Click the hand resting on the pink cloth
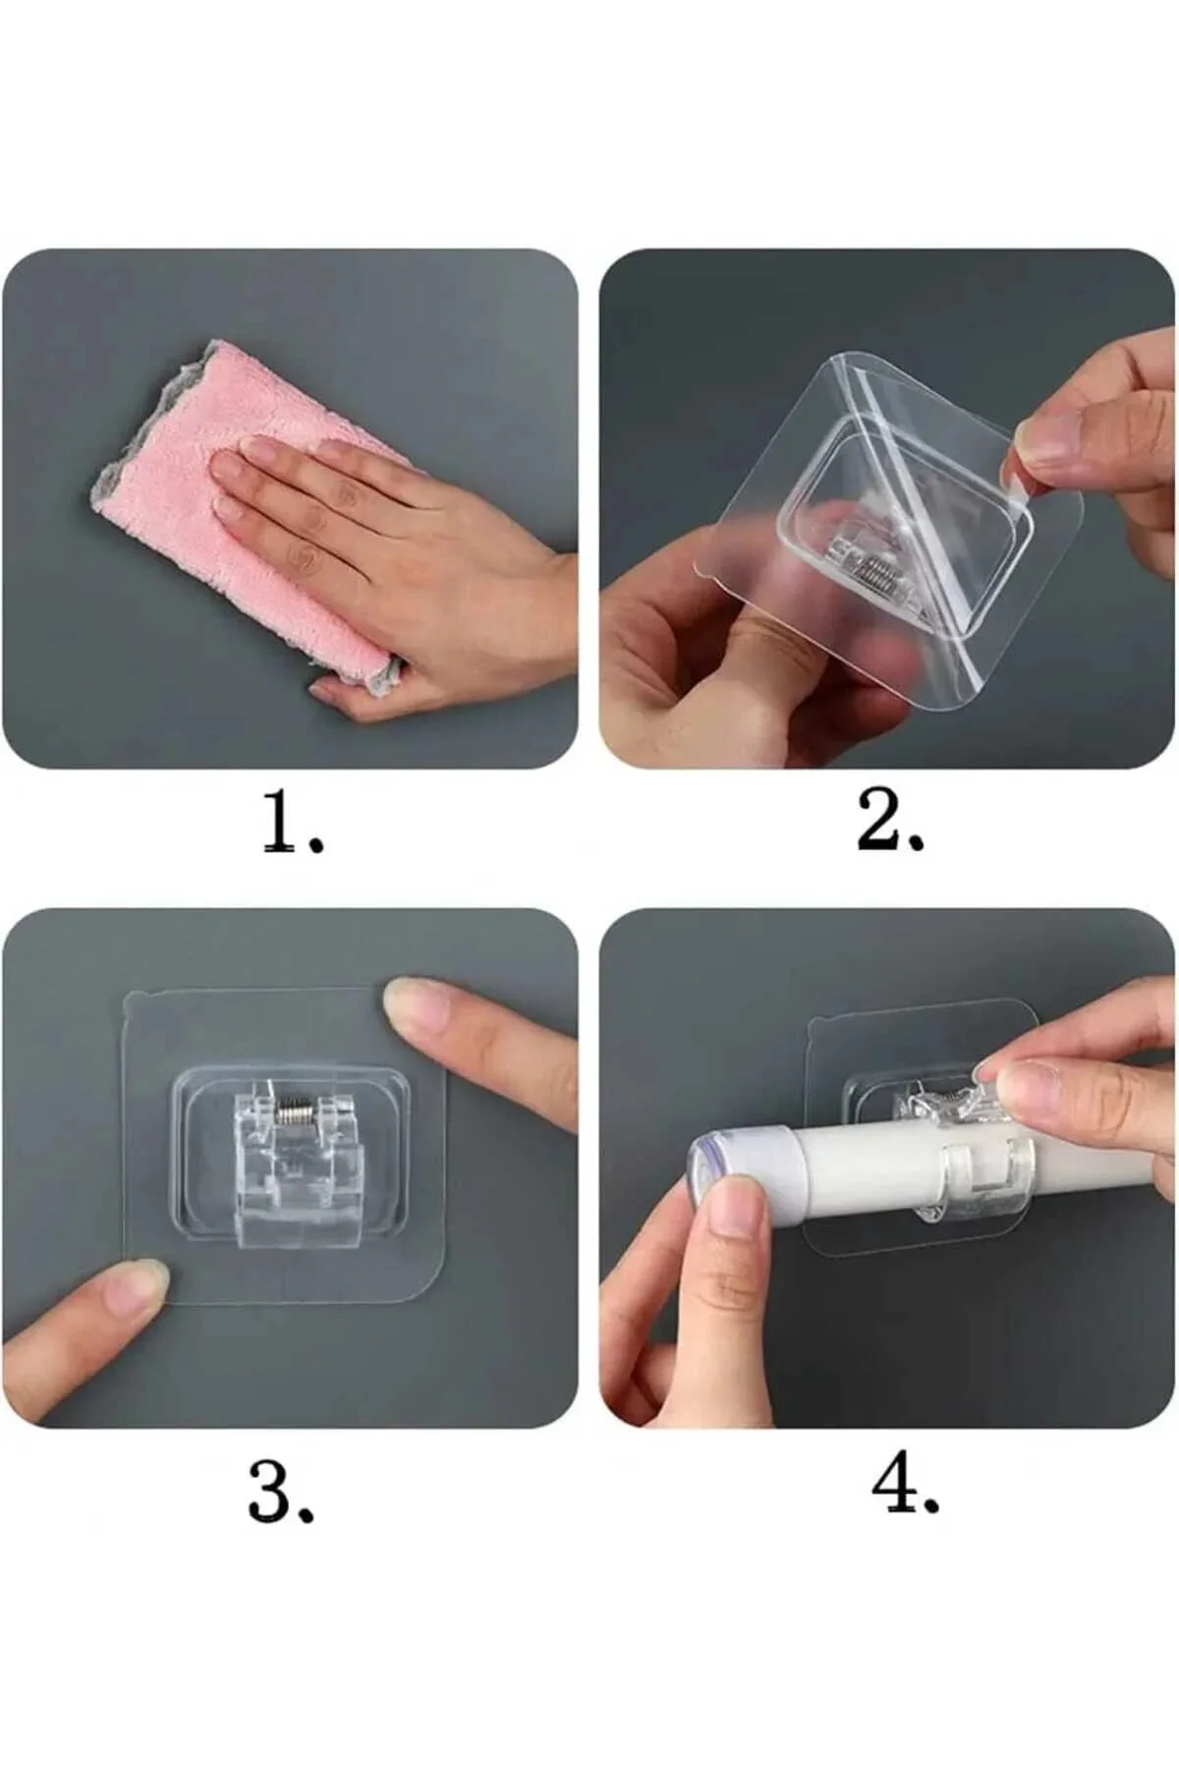coord(393,550)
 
